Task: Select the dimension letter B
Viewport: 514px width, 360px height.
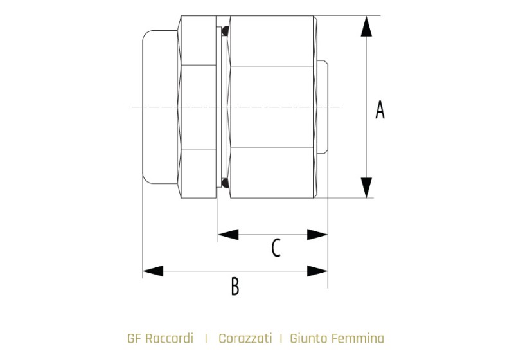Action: click(x=235, y=286)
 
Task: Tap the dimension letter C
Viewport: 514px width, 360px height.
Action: click(x=276, y=248)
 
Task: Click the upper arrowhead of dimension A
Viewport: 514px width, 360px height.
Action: click(x=366, y=26)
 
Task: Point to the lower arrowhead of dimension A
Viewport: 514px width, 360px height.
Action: click(x=366, y=188)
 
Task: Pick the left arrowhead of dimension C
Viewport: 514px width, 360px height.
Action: click(x=228, y=235)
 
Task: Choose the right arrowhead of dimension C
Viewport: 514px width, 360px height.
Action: click(x=317, y=235)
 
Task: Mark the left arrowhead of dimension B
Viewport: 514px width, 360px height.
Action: click(x=153, y=271)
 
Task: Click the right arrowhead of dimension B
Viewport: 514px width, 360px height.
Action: click(x=317, y=271)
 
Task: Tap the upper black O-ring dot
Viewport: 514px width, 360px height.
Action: click(x=226, y=31)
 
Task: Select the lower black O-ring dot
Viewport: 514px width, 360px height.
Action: click(x=226, y=183)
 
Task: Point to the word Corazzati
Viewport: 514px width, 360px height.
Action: click(x=245, y=338)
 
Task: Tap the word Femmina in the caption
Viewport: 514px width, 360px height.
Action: click(x=358, y=338)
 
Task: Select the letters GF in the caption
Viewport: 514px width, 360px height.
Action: click(x=134, y=338)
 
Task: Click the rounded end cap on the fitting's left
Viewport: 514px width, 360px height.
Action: click(x=159, y=107)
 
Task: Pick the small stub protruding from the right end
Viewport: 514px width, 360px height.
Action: click(x=323, y=107)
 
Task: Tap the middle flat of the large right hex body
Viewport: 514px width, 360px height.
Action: click(x=271, y=107)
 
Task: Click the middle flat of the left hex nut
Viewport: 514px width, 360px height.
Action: click(x=199, y=107)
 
